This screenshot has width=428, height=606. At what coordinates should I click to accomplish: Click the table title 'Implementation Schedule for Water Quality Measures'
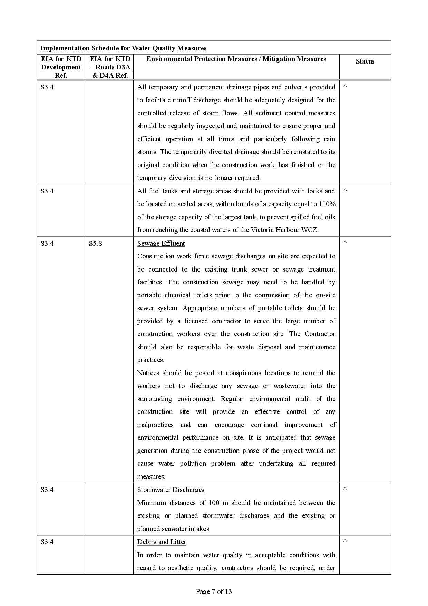pos(124,48)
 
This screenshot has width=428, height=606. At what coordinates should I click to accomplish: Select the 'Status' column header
pos(365,61)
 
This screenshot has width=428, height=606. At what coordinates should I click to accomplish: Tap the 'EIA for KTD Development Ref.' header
pos(61,67)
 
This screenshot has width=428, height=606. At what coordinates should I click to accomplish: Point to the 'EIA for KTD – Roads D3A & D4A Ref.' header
pos(110,67)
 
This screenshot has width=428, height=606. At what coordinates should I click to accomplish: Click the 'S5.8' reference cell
pos(95,243)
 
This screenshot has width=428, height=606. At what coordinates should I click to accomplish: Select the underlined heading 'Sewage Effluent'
pos(161,243)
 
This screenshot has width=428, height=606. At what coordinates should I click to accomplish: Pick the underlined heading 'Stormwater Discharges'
pos(171,490)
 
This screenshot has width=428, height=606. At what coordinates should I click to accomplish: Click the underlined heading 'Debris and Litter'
pos(162,542)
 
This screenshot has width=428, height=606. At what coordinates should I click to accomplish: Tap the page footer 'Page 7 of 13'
pos(214,591)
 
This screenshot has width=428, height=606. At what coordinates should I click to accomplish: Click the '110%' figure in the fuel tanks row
pos(327,204)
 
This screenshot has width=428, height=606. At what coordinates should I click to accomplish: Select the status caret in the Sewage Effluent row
pos(345,243)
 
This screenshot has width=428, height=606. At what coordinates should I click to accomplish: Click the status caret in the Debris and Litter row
pos(345,541)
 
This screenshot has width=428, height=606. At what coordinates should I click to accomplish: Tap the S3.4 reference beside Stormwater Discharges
pos(47,490)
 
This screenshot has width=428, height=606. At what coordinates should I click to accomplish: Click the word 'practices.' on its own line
pos(150,360)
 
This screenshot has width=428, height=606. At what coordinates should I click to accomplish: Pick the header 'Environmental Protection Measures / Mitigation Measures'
pos(236,59)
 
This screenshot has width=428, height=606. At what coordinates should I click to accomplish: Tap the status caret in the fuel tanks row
pos(345,190)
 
